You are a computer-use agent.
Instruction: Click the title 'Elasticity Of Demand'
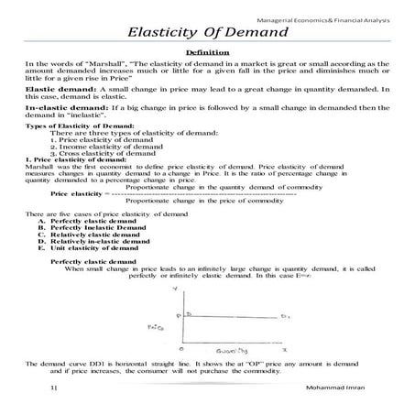207,34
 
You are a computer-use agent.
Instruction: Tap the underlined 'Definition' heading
207,56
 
